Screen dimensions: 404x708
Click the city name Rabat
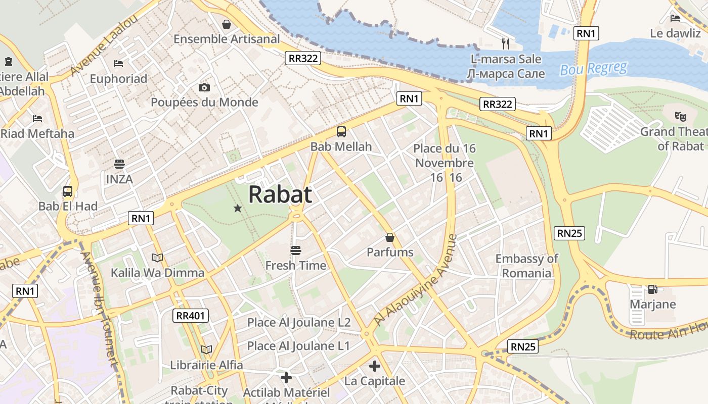pyautogui.click(x=280, y=194)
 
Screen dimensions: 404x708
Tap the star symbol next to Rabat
pyautogui.click(x=237, y=208)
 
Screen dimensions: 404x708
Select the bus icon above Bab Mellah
pyautogui.click(x=341, y=132)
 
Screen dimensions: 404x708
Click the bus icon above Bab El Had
pyautogui.click(x=67, y=191)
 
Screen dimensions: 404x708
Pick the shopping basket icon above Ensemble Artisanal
pyautogui.click(x=227, y=24)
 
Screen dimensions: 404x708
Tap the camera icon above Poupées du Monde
pyautogui.click(x=204, y=87)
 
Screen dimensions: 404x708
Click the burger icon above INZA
pyautogui.click(x=119, y=164)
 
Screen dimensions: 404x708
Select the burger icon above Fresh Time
pyautogui.click(x=296, y=250)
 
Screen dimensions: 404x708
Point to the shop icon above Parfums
pyautogui.click(x=390, y=237)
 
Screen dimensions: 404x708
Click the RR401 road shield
pyautogui.click(x=191, y=316)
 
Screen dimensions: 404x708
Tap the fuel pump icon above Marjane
pyautogui.click(x=652, y=289)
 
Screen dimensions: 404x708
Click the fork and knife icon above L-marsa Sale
pyautogui.click(x=505, y=43)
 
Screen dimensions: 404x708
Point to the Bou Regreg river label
pyautogui.click(x=593, y=68)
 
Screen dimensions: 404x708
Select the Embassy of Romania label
pyautogui.click(x=526, y=266)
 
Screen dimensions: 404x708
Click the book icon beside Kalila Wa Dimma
pyautogui.click(x=157, y=258)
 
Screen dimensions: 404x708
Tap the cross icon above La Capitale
pyautogui.click(x=374, y=366)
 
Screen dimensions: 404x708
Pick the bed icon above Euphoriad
pyautogui.click(x=118, y=64)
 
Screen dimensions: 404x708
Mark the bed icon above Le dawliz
pyautogui.click(x=675, y=18)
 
